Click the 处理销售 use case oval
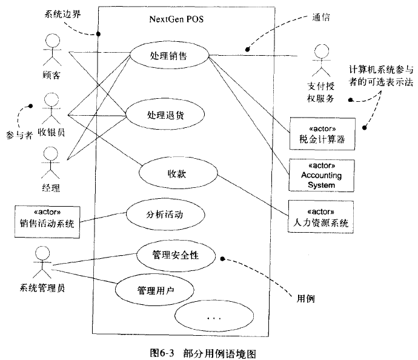click(x=168, y=56)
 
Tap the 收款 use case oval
click(x=176, y=173)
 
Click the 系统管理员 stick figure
click(x=40, y=262)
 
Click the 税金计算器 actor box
click(x=320, y=133)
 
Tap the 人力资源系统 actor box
click(x=320, y=217)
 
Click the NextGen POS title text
click(x=176, y=18)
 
